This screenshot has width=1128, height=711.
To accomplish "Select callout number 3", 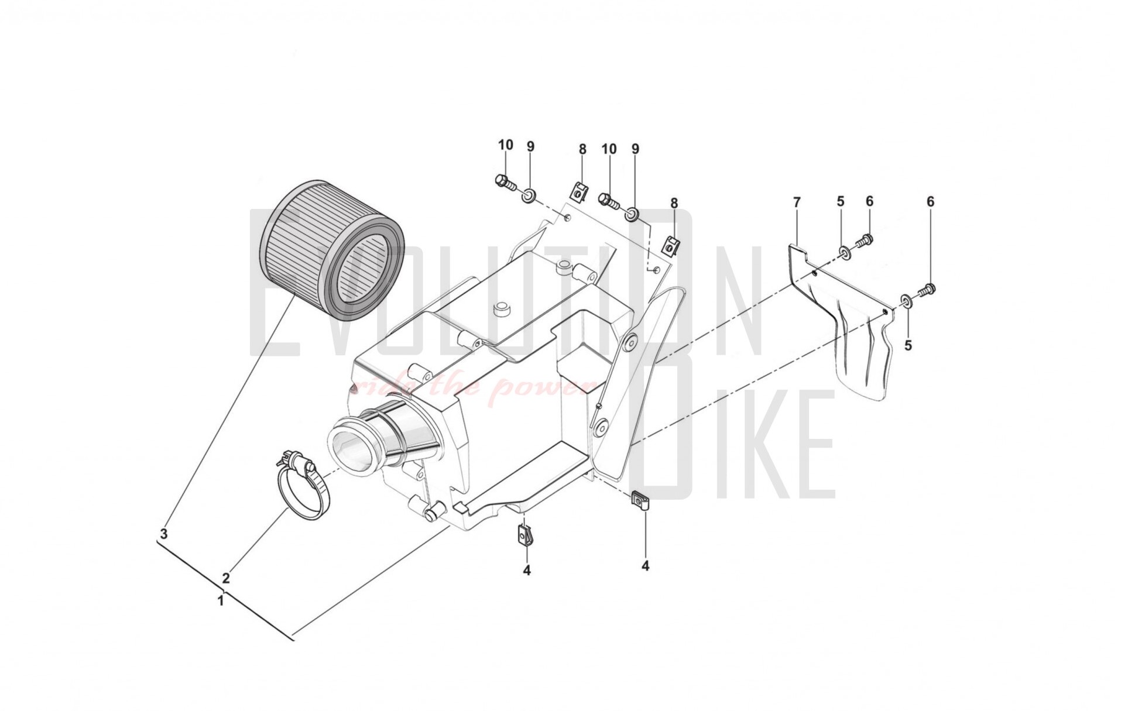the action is [164, 534].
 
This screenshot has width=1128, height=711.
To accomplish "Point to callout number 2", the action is [226, 578].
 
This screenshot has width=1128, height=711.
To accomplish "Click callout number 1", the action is [221, 601].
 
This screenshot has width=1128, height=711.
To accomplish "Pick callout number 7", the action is [796, 202].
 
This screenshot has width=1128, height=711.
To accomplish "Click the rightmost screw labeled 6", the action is [928, 288].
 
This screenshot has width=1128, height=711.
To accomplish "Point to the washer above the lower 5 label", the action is [906, 301].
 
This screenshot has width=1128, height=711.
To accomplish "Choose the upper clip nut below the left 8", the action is [579, 191].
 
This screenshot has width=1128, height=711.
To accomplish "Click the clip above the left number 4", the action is [526, 534].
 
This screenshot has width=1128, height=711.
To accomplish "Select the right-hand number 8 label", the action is [674, 203].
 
